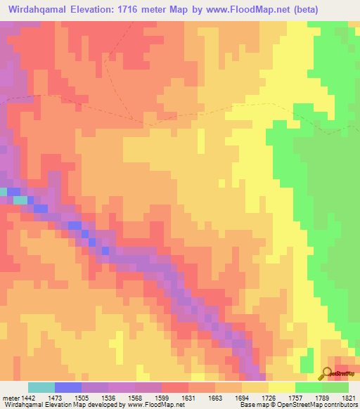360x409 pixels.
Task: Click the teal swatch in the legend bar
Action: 41,387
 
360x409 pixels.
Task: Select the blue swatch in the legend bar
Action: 67,387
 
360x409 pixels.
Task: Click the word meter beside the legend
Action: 8,397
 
